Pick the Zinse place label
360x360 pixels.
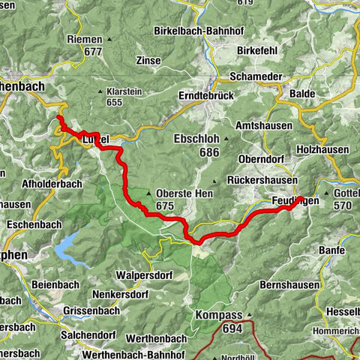point(148,59)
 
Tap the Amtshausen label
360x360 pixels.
point(263,125)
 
